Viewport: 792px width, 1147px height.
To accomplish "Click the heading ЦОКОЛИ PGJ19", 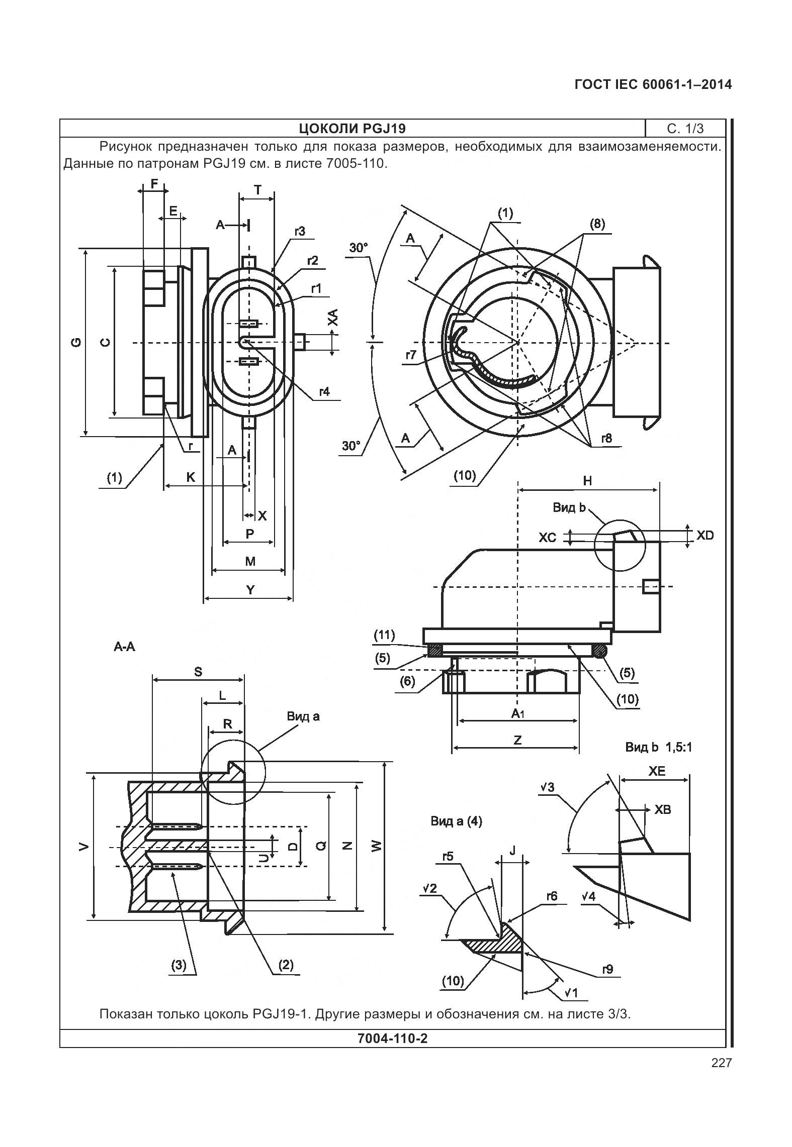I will pyautogui.click(x=352, y=129).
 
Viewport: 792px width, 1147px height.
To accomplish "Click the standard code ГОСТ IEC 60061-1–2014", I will pyautogui.click(x=653, y=84).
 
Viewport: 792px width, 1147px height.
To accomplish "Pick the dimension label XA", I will pyautogui.click(x=332, y=317).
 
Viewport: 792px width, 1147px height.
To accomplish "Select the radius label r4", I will pyautogui.click(x=324, y=391).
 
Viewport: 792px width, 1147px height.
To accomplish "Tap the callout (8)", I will pyautogui.click(x=597, y=224).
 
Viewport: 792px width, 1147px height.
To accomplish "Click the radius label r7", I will pyautogui.click(x=411, y=355).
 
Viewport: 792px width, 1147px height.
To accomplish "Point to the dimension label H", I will pyautogui.click(x=587, y=481).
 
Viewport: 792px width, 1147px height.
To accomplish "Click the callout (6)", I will pyautogui.click(x=407, y=681).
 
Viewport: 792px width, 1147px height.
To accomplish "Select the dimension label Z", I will pyautogui.click(x=517, y=739).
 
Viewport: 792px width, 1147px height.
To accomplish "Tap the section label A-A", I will pyautogui.click(x=124, y=647).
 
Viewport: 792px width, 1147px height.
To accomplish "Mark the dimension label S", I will pyautogui.click(x=198, y=672).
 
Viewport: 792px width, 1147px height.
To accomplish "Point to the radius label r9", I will pyautogui.click(x=608, y=969).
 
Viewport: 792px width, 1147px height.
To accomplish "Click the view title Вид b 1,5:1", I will pyautogui.click(x=659, y=747).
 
